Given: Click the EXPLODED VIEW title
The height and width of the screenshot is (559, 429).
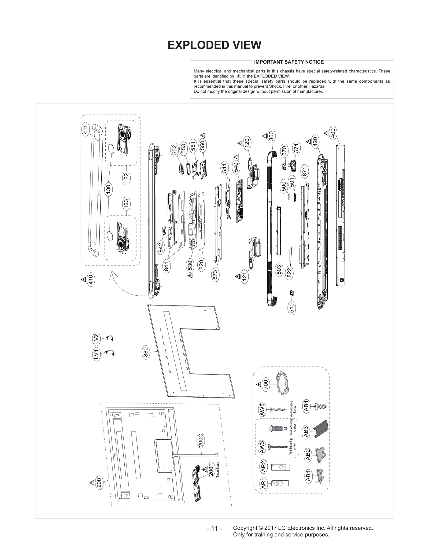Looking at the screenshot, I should tap(214, 45).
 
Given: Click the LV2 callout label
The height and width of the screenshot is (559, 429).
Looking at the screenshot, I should tap(96, 339).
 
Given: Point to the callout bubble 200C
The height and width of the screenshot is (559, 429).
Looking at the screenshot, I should tap(201, 440).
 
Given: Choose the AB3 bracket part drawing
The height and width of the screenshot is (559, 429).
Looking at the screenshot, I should tap(321, 429).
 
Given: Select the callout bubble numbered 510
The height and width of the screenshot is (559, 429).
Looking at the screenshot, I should tap(292, 308).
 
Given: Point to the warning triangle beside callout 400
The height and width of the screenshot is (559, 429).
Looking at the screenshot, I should tap(326, 133).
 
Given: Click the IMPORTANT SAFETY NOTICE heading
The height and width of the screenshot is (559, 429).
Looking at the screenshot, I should tap(289, 62).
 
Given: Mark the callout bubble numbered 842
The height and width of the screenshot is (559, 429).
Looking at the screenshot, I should tap(161, 247).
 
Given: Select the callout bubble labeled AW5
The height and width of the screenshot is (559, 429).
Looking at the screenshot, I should tap(262, 409).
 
